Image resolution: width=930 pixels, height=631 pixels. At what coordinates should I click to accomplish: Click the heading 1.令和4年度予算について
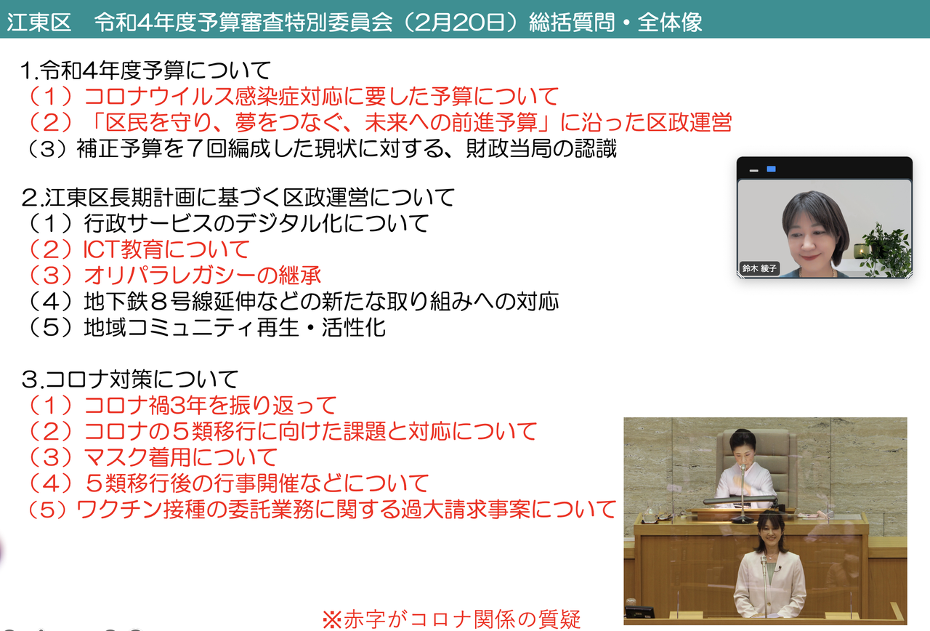[146, 70]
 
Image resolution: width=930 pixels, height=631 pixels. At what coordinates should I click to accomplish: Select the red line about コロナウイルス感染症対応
[292, 96]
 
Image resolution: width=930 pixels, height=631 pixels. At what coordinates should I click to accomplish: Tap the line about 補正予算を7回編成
[321, 148]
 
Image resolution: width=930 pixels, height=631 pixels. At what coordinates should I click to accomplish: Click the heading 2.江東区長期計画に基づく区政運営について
[238, 197]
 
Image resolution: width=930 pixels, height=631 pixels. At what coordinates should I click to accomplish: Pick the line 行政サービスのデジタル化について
[227, 223]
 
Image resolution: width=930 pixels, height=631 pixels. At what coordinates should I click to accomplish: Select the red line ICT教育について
[137, 249]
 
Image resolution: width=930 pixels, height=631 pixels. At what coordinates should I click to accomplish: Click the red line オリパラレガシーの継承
[173, 275]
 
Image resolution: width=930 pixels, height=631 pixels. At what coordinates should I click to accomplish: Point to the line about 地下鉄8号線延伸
[292, 301]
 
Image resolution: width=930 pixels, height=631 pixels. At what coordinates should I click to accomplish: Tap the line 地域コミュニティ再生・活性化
[206, 327]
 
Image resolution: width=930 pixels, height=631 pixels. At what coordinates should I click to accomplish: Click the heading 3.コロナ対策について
[130, 379]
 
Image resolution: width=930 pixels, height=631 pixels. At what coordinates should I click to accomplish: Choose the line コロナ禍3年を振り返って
[181, 405]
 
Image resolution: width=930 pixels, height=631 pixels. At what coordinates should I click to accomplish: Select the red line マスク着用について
[152, 457]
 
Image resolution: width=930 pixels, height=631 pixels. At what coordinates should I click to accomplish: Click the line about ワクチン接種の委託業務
[320, 510]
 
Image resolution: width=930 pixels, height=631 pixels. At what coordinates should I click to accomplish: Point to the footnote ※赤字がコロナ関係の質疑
[451, 619]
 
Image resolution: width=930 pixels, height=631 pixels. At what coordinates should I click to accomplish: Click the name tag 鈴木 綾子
[759, 268]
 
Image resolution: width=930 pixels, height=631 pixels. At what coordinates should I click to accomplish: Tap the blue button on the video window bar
[772, 169]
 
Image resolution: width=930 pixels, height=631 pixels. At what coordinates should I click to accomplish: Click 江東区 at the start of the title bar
[39, 22]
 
